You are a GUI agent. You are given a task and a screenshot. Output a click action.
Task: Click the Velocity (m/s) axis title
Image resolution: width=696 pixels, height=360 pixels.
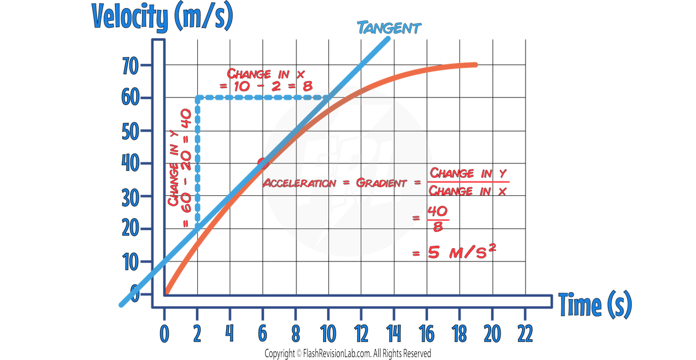tap(162, 17)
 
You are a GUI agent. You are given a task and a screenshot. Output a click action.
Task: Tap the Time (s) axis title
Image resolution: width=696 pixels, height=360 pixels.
tap(594, 304)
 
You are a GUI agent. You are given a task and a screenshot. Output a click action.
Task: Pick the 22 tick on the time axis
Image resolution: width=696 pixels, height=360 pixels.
tap(525, 318)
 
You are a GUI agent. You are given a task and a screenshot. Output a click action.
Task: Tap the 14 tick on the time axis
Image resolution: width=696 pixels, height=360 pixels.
tap(394, 318)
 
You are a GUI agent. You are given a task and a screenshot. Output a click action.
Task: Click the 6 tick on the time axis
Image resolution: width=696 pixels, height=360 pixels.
tap(263, 318)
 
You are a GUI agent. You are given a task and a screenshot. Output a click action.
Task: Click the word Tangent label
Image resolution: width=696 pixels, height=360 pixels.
tap(389, 27)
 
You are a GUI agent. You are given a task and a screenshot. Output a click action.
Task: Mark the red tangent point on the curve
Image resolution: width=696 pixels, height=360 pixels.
tap(262, 163)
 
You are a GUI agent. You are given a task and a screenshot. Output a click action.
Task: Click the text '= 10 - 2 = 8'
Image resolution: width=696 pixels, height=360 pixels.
tap(266, 86)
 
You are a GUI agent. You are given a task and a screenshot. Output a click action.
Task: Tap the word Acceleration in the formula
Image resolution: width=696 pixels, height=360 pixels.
tap(299, 183)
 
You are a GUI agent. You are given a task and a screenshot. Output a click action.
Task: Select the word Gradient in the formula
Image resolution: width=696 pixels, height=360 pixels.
tap(382, 183)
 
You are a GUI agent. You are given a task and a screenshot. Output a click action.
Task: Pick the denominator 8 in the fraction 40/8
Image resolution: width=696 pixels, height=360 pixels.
tap(438, 227)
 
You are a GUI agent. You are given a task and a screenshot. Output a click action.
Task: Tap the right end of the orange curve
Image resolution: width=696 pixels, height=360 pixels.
tap(476, 64)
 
